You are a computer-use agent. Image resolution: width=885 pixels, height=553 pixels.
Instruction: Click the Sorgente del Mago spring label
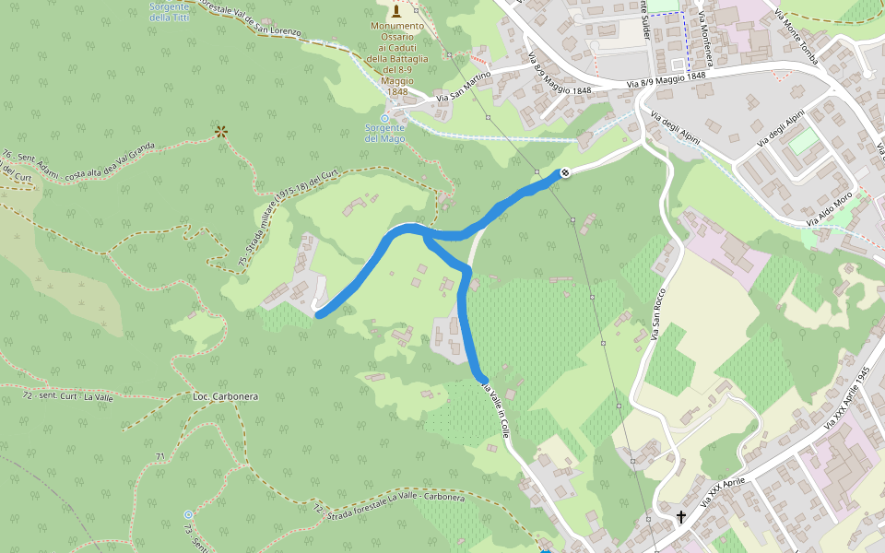(x=384, y=134)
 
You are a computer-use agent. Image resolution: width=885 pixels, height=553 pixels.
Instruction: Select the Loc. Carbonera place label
(x=225, y=396)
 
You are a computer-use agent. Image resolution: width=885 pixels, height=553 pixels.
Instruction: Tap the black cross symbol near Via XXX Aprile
(x=681, y=517)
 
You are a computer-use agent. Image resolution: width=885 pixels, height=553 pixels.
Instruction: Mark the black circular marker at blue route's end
(x=565, y=172)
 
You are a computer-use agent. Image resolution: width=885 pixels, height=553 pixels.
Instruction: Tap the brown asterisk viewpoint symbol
(x=220, y=132)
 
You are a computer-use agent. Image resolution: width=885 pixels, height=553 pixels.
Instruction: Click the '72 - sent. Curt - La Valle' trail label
(x=69, y=395)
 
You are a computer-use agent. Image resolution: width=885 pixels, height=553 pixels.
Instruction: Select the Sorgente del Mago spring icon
(x=384, y=118)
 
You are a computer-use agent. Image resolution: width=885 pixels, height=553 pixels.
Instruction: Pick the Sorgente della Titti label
(x=169, y=12)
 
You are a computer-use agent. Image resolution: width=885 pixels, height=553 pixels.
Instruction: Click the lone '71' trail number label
(x=160, y=456)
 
